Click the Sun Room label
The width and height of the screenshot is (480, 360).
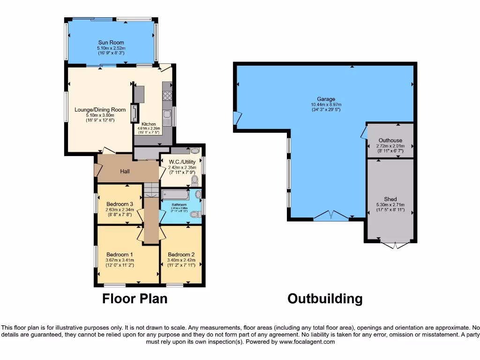(111, 43)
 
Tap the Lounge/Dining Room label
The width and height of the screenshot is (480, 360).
(100, 110)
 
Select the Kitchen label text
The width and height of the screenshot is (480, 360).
(149, 124)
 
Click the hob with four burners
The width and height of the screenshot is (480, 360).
(167, 96)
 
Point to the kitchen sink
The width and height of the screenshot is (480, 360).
(166, 115)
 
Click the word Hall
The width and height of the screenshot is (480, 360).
(125, 171)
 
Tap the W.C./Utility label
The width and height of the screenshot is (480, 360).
(181, 162)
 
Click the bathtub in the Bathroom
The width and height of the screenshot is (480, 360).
(175, 195)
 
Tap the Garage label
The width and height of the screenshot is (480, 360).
(326, 99)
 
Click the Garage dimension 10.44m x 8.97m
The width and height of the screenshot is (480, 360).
(326, 105)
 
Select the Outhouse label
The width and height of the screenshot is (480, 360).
(390, 140)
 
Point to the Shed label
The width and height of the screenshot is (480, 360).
(390, 199)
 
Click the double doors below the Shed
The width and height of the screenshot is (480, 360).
(390, 245)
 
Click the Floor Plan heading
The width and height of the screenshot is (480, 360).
(135, 299)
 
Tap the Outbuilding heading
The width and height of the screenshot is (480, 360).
(324, 299)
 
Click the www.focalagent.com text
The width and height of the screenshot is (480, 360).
(307, 342)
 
